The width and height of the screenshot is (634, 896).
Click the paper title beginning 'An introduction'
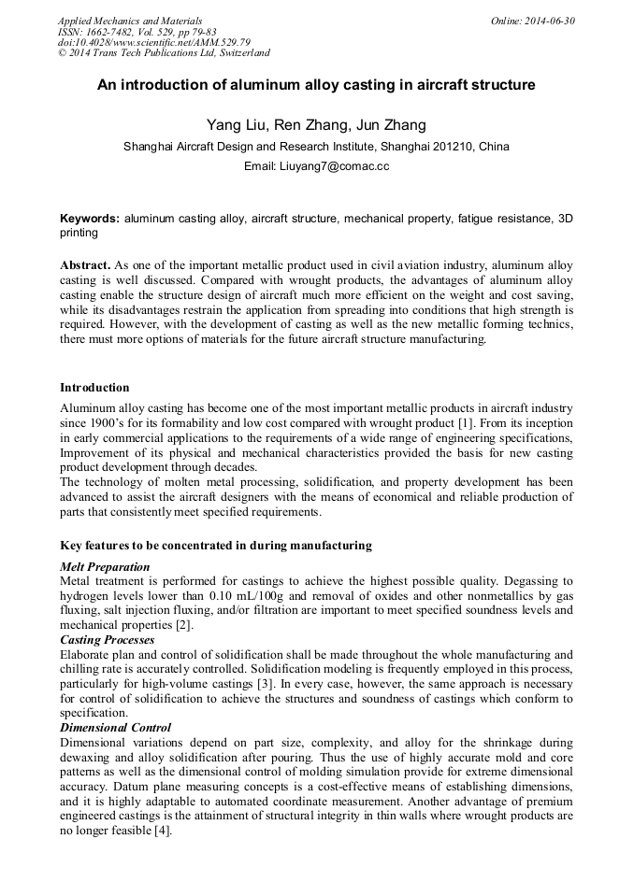click(x=316, y=85)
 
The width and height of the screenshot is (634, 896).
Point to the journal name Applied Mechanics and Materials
click(x=129, y=21)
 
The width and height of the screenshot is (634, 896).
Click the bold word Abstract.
click(x=85, y=266)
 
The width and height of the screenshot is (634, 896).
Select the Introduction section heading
click(x=94, y=387)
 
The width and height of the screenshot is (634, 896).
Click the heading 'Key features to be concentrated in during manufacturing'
click(x=215, y=546)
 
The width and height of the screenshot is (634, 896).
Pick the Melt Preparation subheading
click(x=104, y=566)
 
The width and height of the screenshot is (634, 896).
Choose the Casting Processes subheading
click(x=108, y=639)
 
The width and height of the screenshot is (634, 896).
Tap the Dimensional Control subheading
click(x=115, y=727)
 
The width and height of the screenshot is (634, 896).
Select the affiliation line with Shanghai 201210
click(x=316, y=147)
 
